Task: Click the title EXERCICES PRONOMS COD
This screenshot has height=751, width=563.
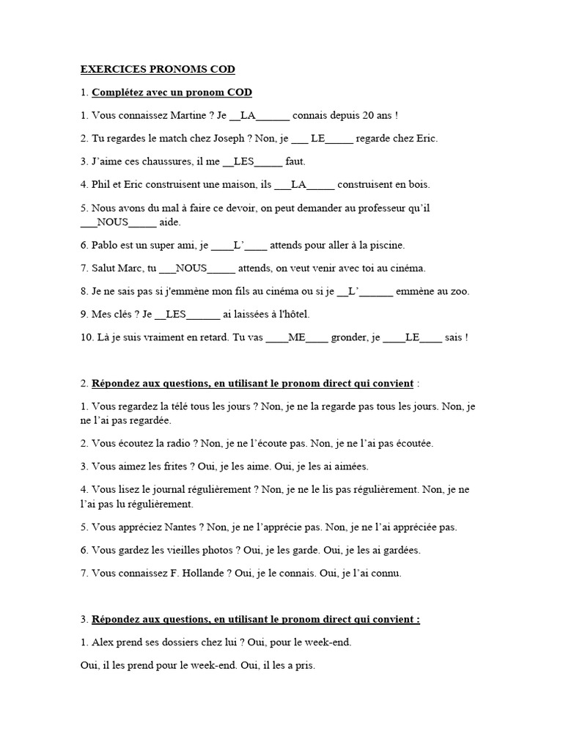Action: coord(158,70)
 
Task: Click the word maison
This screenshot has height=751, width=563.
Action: coord(238,184)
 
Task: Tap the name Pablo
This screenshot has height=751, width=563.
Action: coord(106,245)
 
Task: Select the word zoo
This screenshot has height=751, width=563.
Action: coord(458,291)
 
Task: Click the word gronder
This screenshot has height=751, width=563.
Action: coord(350,337)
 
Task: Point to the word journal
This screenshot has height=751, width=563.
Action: coord(172,489)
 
